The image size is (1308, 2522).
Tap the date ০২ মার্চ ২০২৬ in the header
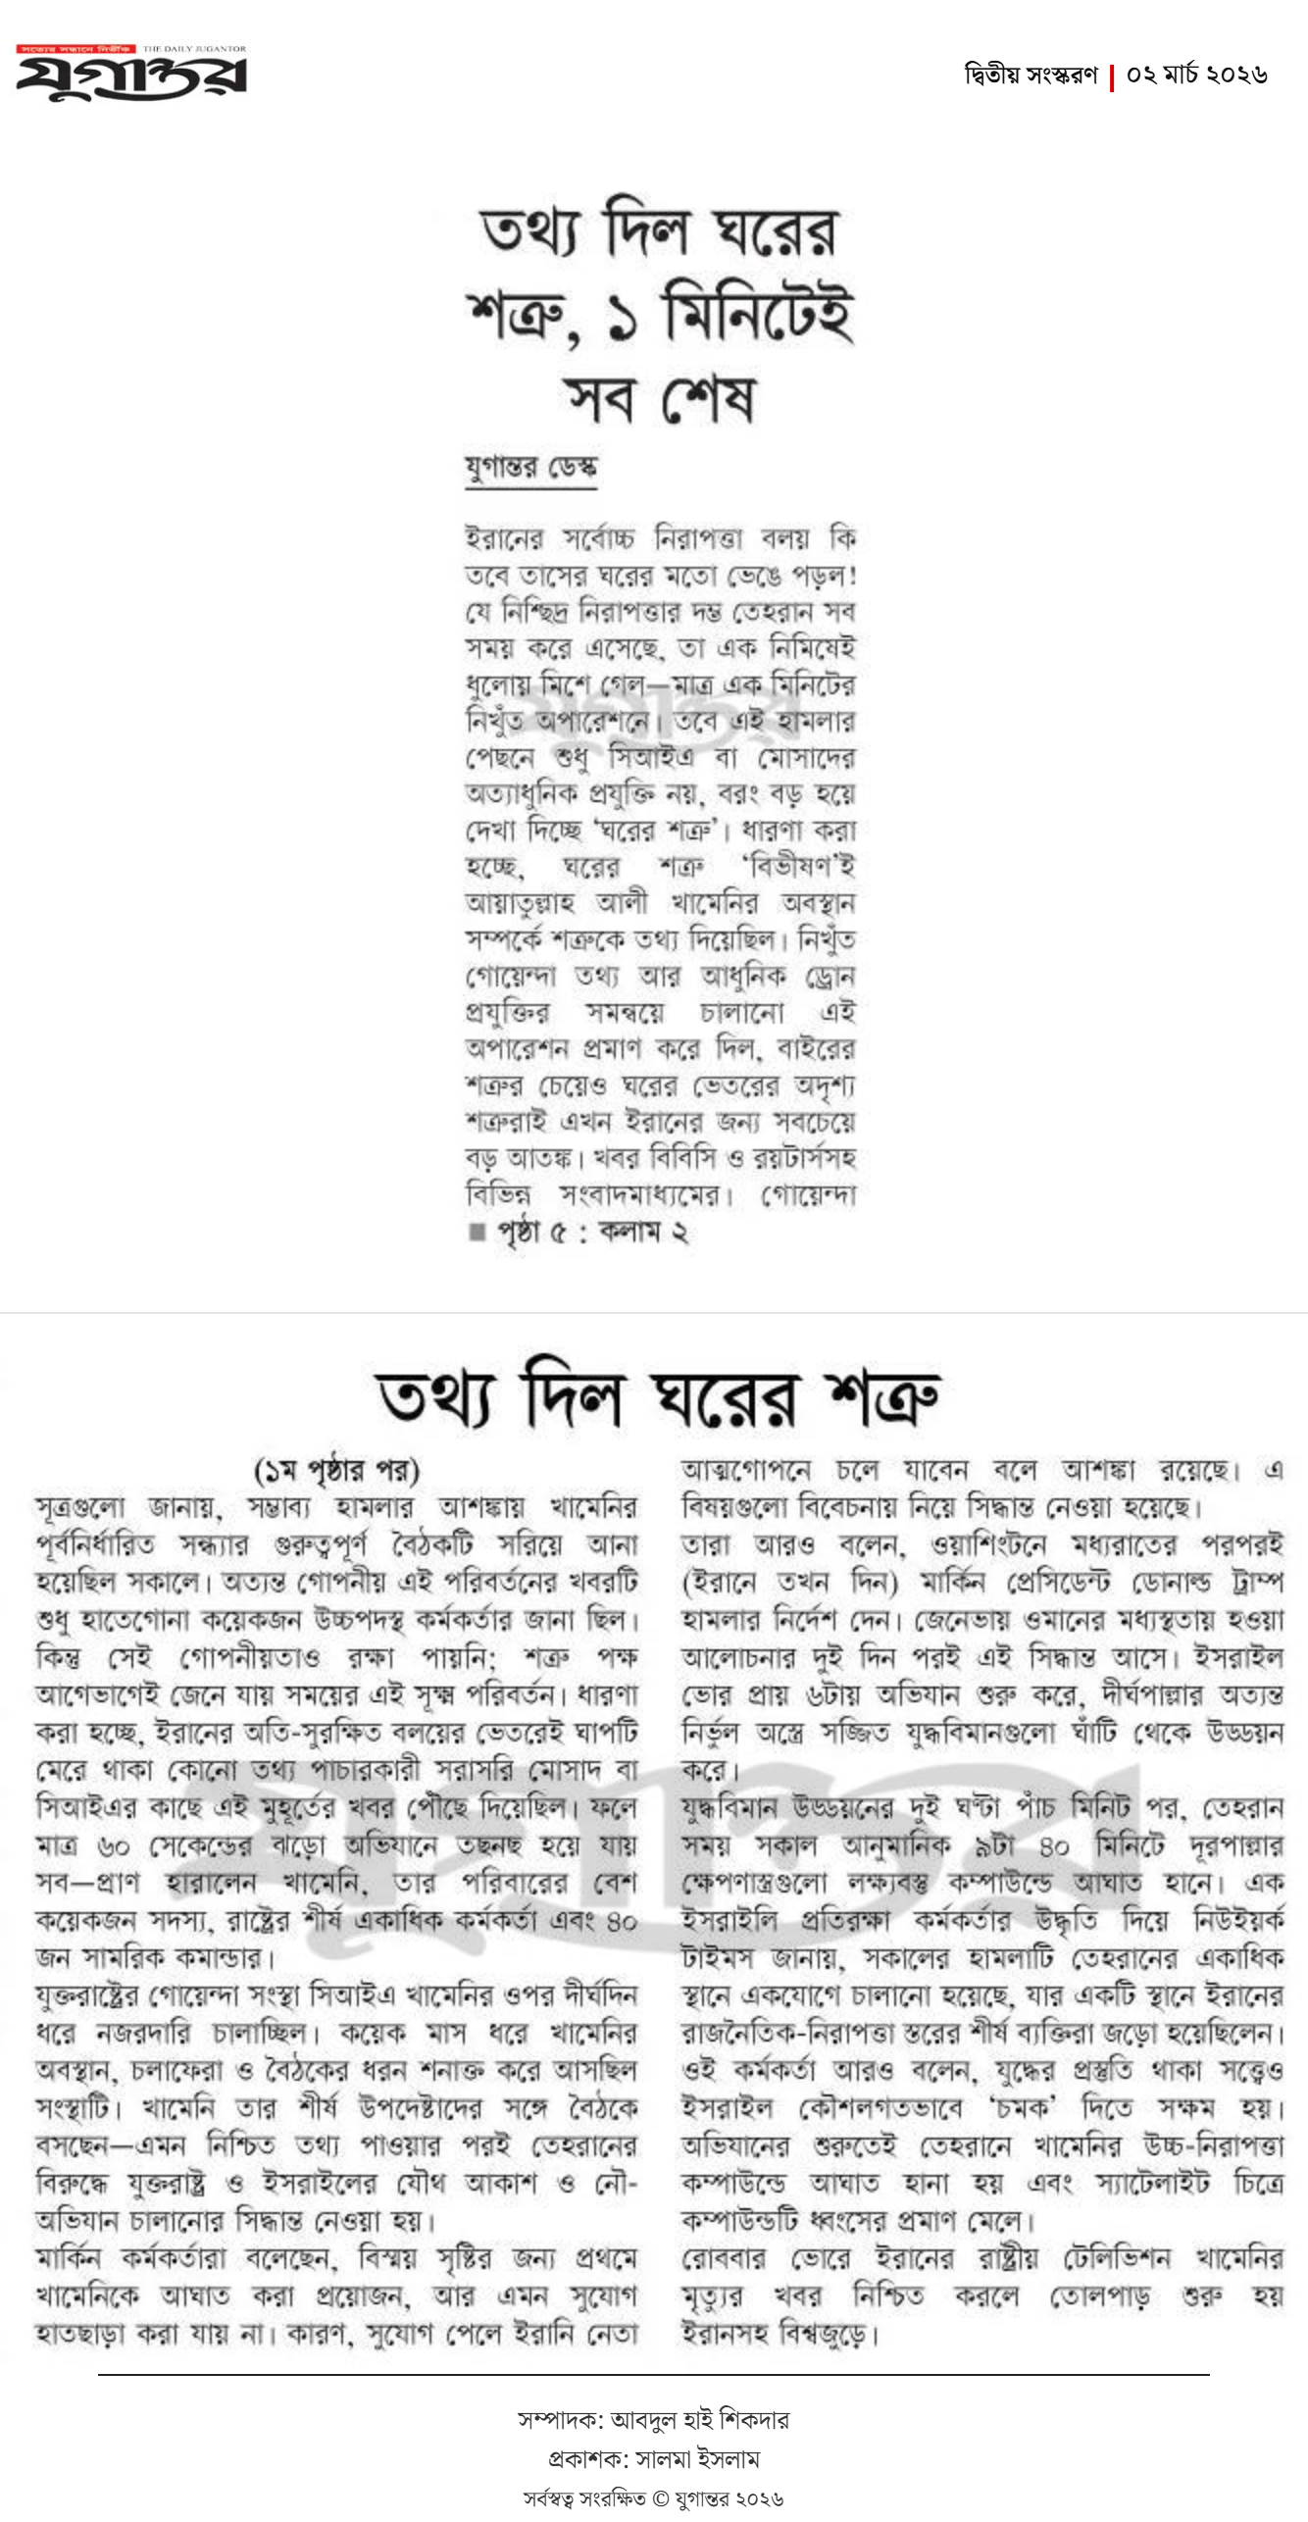pos(1196,75)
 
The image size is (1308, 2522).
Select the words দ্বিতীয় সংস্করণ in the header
pos(1031,75)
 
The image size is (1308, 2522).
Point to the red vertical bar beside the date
pos(1112,77)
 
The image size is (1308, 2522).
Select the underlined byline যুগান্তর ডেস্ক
pos(530,467)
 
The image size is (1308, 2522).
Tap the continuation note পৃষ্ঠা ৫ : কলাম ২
pos(592,1233)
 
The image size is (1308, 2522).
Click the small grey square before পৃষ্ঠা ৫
pos(478,1233)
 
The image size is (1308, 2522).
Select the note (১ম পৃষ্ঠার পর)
pos(336,1470)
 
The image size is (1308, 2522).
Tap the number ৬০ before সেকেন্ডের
pos(114,1845)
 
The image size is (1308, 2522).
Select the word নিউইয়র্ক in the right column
pos(1238,1920)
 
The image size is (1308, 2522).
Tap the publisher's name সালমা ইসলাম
pos(697,2458)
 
